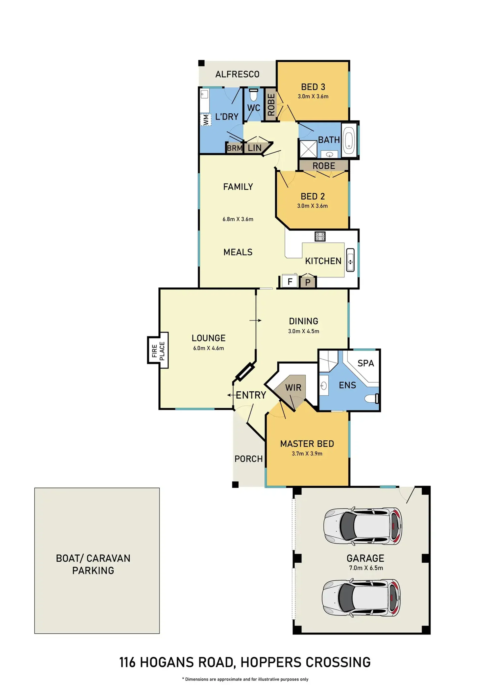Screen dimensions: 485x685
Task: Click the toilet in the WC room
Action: (254, 95)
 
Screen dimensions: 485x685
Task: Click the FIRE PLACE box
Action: (158, 350)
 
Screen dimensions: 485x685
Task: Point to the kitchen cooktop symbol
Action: (320, 236)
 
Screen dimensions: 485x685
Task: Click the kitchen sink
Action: (350, 260)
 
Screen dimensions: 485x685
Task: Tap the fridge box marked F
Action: (289, 281)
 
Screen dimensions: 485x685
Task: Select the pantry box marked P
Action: (308, 282)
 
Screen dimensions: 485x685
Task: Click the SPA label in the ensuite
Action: (366, 363)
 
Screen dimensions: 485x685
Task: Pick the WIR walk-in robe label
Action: (293, 388)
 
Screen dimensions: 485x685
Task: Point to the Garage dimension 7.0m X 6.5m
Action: (366, 568)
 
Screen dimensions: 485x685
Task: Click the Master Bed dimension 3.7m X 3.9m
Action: (307, 453)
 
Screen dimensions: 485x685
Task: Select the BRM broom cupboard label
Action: (234, 148)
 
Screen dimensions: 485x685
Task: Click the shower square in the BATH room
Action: (308, 149)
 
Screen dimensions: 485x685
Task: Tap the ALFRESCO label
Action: (237, 74)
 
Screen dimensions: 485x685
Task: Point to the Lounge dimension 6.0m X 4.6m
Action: (208, 348)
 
